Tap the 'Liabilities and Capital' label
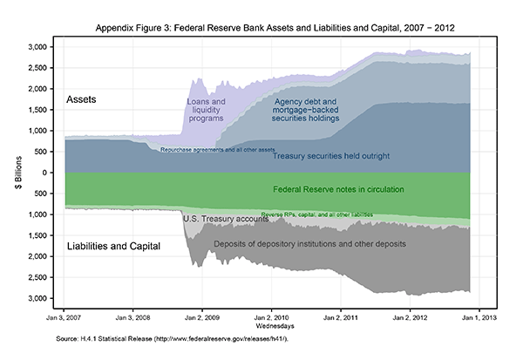pyautogui.click(x=114, y=247)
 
